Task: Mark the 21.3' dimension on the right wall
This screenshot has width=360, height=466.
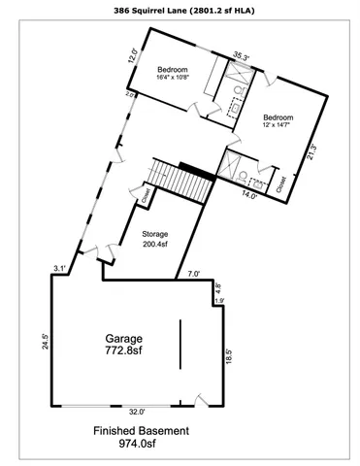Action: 311,152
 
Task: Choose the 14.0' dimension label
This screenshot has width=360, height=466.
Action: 248,196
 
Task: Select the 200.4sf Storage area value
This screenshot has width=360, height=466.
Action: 155,245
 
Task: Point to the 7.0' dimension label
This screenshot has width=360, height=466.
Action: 194,275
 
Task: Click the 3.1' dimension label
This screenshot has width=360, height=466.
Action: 60,268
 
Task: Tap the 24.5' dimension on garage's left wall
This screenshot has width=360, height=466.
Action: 45,342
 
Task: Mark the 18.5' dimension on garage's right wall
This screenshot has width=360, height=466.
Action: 229,357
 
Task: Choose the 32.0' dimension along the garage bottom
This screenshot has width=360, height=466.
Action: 137,410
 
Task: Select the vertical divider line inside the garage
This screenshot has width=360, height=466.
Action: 179,345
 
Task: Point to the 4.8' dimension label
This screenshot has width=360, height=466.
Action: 218,288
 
